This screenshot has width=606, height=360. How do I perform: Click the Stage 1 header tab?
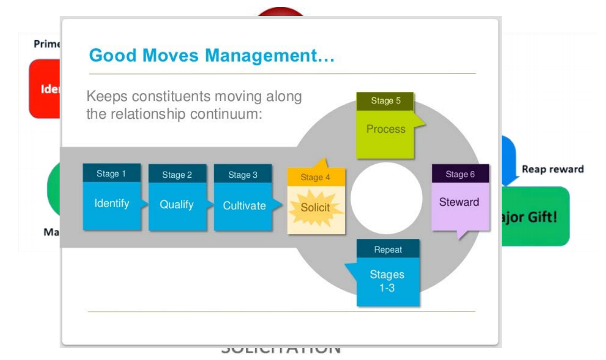point(111,173)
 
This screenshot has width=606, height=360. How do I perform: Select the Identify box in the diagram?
point(112,204)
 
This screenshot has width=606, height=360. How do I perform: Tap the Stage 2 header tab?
point(177,174)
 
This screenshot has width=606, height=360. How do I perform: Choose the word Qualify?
point(176,205)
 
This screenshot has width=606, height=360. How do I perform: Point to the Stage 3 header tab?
point(242,174)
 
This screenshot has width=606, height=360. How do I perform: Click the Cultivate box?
point(244,206)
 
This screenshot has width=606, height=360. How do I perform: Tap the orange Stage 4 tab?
point(315,177)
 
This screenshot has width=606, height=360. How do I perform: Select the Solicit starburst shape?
point(315,208)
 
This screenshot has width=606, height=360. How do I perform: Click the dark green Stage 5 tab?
point(385,101)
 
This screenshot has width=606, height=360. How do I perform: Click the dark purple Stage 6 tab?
point(460,174)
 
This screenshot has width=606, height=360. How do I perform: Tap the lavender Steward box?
point(459,203)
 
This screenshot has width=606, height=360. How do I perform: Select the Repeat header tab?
point(388,249)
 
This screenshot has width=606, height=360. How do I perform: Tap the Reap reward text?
point(552,169)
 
